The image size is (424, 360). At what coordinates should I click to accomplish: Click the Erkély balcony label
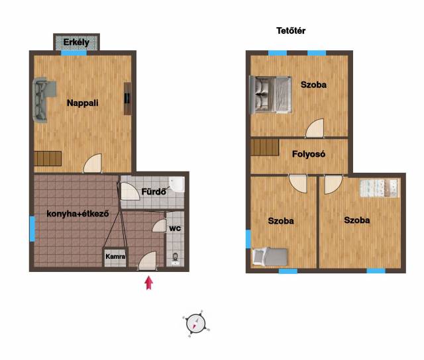pos(76,42)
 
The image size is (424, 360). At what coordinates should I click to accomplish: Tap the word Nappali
pos(82,103)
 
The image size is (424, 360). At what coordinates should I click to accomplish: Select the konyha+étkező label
pos(78,214)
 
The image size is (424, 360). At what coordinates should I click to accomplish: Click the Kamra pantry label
pos(115,256)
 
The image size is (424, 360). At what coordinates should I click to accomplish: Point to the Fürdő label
pos(154,191)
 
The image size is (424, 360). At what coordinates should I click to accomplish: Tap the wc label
pos(175,228)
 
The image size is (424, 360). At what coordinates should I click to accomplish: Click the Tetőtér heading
pos(291,31)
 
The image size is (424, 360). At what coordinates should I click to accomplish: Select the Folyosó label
pos(309,154)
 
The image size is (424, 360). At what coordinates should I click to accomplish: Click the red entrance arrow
pos(148,283)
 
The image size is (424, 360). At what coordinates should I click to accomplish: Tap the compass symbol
pos(196,324)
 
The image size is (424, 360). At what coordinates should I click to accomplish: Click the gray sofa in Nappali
pos(42,100)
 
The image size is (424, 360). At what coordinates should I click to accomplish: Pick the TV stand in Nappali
pos(128,99)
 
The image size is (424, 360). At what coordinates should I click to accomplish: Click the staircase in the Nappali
pos(48,159)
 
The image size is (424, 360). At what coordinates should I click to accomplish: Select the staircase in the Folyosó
pos(265,147)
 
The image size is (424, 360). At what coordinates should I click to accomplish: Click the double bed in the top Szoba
pos(271,94)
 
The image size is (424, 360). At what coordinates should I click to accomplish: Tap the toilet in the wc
pos(175,259)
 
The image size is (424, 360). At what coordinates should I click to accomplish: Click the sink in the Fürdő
pos(177,184)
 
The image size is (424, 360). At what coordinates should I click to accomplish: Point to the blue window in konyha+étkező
pos(32,229)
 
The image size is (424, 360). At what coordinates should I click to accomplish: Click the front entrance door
pos(147,261)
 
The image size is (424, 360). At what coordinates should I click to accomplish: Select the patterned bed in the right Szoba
pos(380,188)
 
